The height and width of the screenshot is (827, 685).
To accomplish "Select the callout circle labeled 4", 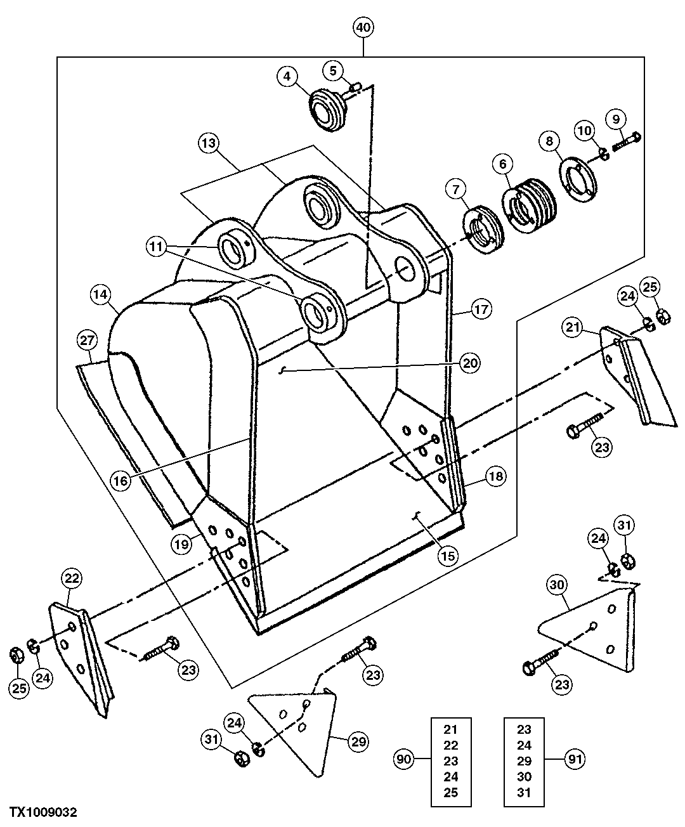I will (287, 76).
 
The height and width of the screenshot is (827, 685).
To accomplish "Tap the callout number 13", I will (208, 143).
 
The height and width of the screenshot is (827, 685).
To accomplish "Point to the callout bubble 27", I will (87, 340).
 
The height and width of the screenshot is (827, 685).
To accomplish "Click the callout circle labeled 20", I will (470, 363).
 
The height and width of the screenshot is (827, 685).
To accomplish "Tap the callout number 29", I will (359, 741).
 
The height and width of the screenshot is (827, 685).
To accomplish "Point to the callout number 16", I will (121, 480).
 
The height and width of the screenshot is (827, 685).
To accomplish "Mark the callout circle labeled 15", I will (448, 556).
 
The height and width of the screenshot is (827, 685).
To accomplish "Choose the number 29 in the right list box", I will (524, 760).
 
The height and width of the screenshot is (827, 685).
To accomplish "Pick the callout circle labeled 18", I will (496, 476).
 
